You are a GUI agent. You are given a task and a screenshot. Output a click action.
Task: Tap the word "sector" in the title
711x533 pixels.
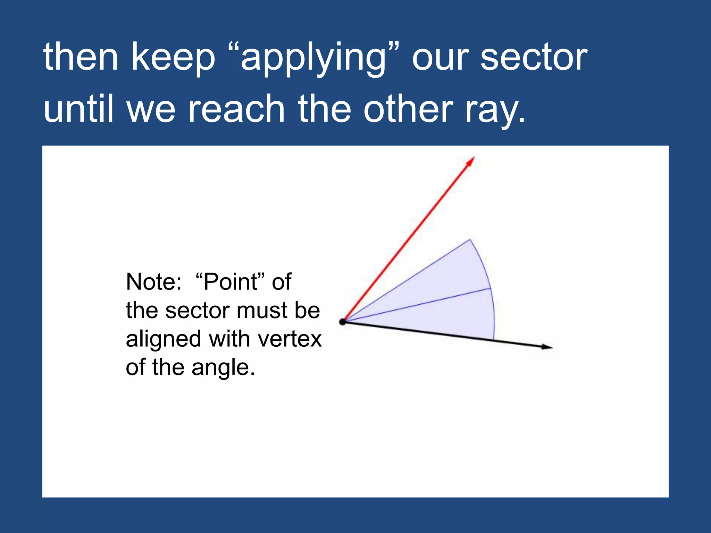(534, 57)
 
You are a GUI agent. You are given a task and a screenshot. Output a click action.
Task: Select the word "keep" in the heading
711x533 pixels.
(173, 57)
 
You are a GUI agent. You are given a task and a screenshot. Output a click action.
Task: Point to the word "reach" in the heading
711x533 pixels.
(236, 109)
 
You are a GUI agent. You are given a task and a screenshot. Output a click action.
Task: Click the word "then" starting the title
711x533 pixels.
(81, 57)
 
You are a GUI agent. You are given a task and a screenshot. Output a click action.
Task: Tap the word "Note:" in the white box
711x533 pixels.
(154, 282)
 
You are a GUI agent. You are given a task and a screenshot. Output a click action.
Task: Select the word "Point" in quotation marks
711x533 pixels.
(230, 282)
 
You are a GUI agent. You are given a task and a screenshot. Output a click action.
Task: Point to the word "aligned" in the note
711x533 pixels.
(163, 339)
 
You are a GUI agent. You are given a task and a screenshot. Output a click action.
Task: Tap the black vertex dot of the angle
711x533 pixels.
(343, 322)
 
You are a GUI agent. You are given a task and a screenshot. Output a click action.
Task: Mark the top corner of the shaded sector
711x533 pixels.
(470, 239)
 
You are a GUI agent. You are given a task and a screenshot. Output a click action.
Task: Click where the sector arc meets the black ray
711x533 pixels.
(493, 340)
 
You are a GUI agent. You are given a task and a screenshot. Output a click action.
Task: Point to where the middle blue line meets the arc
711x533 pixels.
(490, 288)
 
